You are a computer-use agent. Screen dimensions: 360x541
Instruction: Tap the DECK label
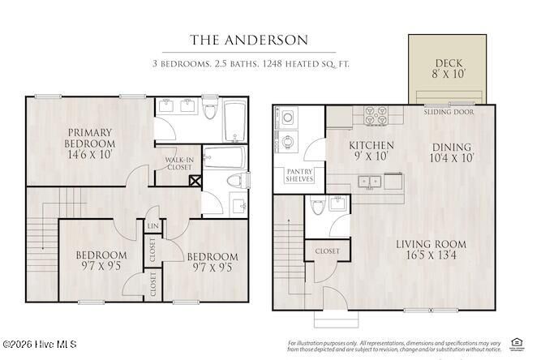click(449, 62)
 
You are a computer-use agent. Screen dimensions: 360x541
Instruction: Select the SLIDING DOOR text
click(449, 113)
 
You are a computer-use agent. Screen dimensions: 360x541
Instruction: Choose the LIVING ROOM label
click(431, 244)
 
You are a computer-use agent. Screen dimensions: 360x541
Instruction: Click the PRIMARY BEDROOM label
click(90, 138)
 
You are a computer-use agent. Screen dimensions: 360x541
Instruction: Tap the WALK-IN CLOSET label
click(178, 163)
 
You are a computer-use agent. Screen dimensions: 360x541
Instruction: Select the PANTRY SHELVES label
click(299, 175)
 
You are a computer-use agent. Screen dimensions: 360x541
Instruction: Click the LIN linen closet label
click(152, 226)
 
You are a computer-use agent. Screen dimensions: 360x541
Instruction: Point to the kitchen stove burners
click(377, 116)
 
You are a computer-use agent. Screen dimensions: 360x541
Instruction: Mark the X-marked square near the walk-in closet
click(195, 181)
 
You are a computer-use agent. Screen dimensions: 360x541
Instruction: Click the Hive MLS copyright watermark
click(39, 345)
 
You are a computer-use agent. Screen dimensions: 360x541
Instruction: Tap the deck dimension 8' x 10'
click(449, 74)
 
